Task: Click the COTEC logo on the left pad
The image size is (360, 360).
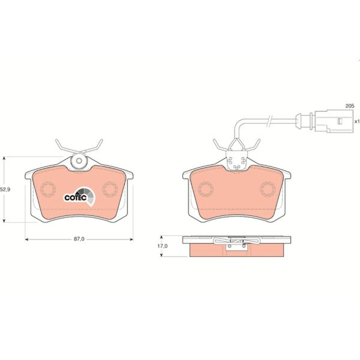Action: pos(77,195)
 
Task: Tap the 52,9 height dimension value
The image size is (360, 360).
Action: pos(5,190)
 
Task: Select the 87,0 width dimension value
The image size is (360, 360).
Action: pos(79,239)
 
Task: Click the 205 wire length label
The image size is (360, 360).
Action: pos(349,106)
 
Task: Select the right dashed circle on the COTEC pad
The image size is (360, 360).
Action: pos(110,190)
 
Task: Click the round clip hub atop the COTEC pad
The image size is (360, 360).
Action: pos(79,161)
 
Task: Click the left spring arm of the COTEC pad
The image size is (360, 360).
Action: pos(62,146)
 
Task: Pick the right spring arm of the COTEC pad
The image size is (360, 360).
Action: pos(95,146)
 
